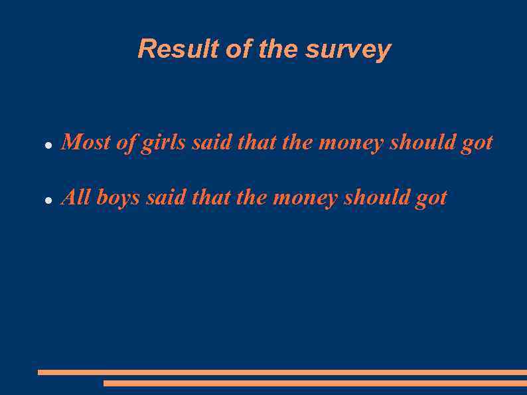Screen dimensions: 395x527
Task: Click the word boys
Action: click(x=118, y=198)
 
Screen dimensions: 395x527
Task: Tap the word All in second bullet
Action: click(x=76, y=197)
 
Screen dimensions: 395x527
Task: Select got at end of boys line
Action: click(x=431, y=198)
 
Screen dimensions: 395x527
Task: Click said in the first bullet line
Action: click(x=212, y=143)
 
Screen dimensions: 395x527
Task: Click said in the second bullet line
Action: click(x=166, y=198)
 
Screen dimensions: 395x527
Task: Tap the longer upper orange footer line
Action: click(x=282, y=372)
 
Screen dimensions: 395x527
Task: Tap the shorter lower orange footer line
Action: click(x=315, y=383)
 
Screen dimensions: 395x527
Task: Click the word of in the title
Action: click(x=236, y=49)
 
